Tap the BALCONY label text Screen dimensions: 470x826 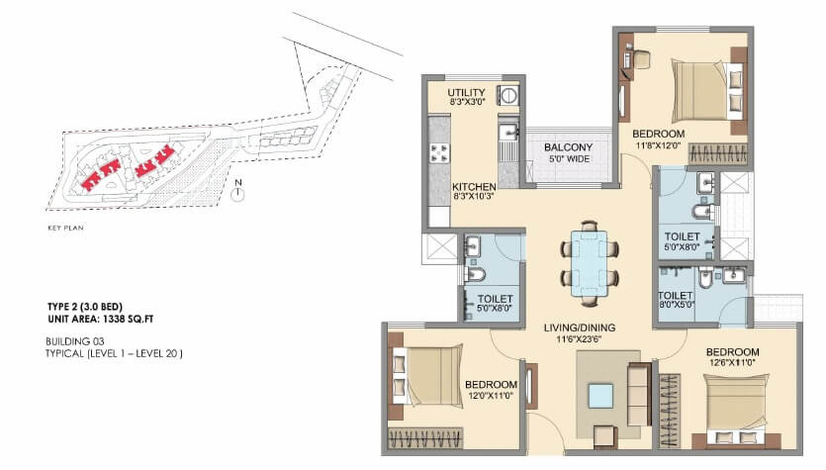[568, 147]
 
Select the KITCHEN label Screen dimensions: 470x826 [473, 186]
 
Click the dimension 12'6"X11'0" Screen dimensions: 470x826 [732, 365]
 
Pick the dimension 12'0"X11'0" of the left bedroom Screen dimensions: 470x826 [491, 397]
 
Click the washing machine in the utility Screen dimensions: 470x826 [508, 96]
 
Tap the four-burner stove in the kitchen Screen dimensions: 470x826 [439, 153]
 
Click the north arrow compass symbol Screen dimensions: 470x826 [237, 193]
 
